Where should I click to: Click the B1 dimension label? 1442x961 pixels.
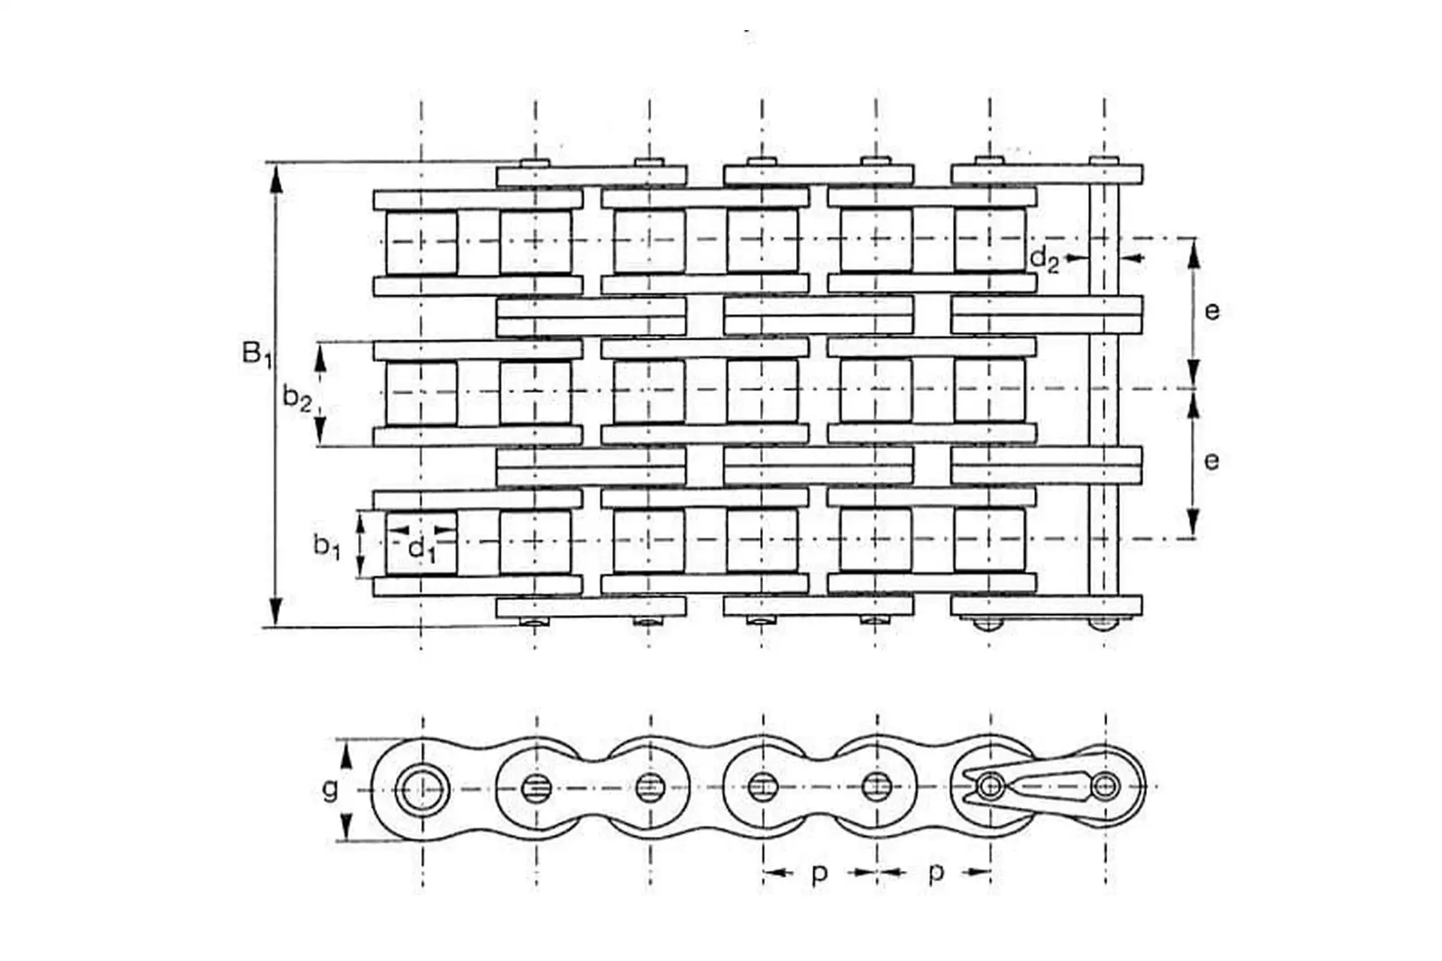257,354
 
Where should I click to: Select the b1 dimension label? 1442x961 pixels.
327,546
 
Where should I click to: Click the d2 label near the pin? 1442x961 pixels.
1044,259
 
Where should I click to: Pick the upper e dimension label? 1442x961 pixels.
1211,311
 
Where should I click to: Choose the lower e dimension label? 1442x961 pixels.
1211,460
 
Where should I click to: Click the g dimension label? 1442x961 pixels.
330,790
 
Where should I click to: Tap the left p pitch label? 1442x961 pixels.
820,874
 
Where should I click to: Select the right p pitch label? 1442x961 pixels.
936,874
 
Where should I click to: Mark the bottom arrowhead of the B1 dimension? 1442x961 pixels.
276,612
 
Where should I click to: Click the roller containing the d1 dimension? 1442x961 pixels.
421,542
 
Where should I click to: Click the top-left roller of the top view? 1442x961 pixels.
421,242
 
